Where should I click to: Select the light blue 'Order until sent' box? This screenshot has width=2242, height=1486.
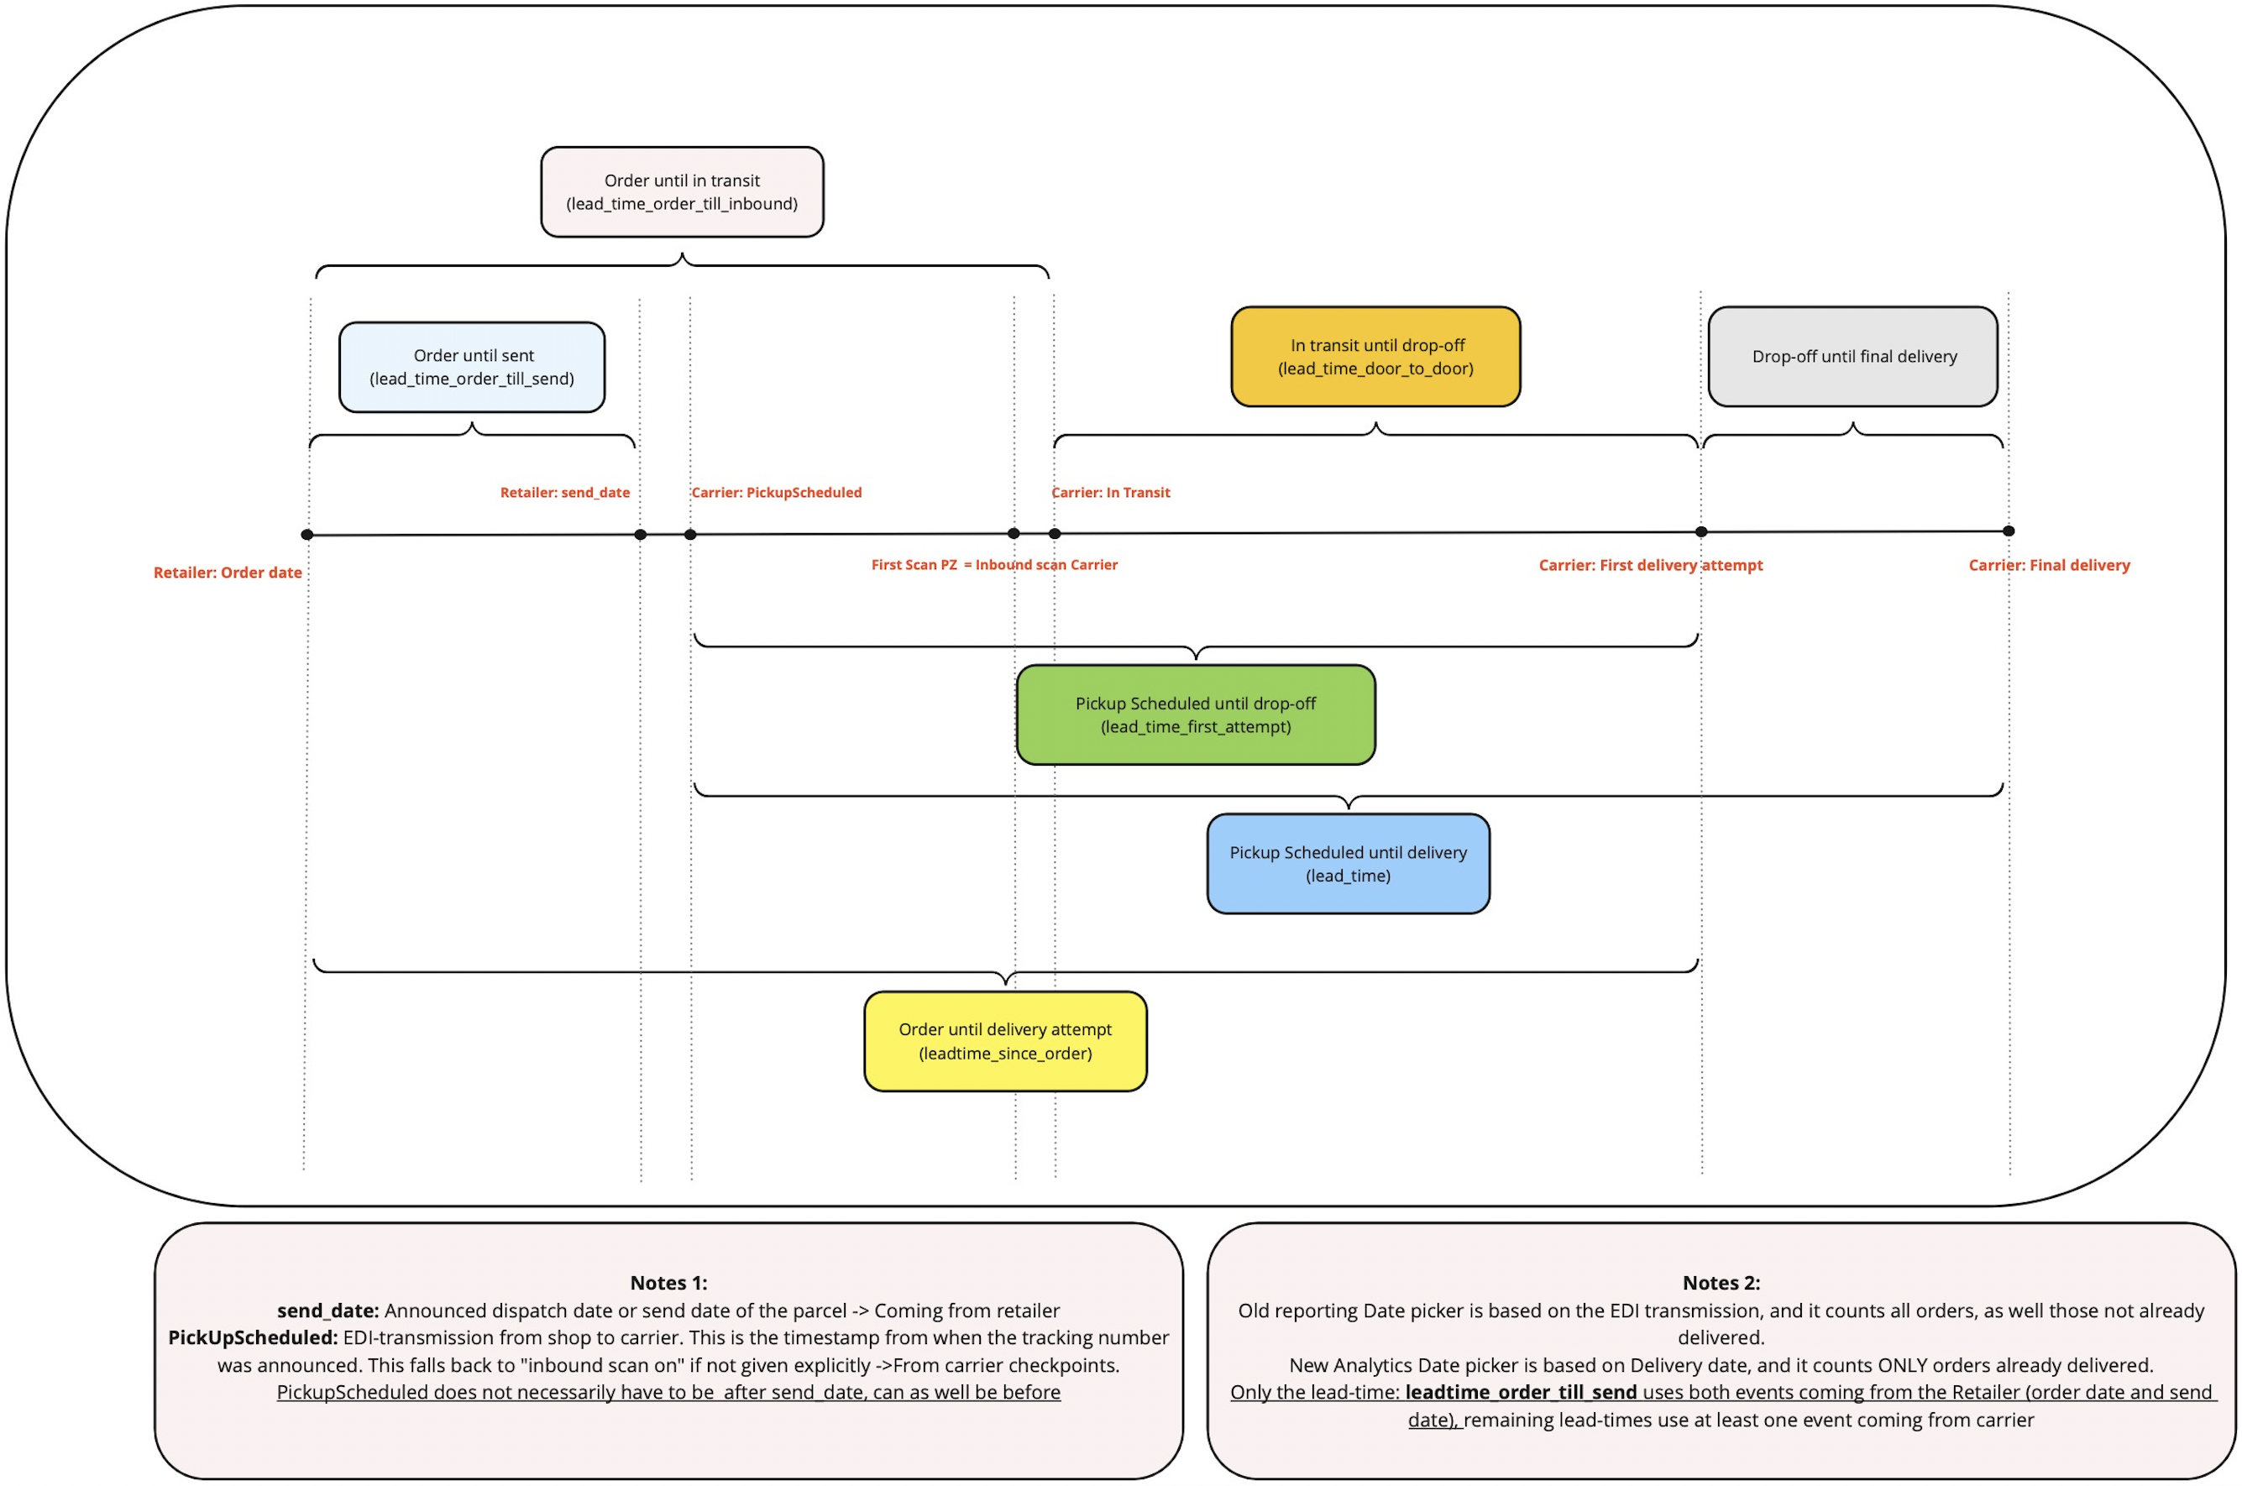tap(472, 367)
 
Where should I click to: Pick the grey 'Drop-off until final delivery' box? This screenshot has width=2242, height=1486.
tap(1852, 356)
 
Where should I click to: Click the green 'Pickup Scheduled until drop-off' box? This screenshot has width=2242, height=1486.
tap(1195, 714)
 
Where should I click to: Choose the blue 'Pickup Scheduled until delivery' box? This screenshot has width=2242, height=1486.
tap(1348, 863)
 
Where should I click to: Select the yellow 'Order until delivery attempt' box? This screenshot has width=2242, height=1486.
tap(1004, 1040)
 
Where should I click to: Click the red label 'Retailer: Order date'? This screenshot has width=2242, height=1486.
tap(228, 573)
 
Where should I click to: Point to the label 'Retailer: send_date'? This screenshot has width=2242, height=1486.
tap(565, 493)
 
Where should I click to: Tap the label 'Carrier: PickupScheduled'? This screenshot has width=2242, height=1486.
tap(776, 493)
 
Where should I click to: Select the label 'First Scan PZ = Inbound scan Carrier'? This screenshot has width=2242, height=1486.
tap(994, 565)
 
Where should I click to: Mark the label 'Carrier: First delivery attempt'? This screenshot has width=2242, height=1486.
tap(1650, 565)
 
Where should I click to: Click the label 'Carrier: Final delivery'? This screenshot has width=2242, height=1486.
tap(2049, 565)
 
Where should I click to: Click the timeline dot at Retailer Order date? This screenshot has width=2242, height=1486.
tap(307, 535)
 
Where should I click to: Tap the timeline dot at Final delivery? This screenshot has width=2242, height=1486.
tap(2008, 531)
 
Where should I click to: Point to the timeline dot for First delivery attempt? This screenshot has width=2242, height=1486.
tap(1701, 531)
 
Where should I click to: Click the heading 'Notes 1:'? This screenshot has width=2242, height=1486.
tap(668, 1282)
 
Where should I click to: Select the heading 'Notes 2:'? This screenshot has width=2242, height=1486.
tap(1721, 1282)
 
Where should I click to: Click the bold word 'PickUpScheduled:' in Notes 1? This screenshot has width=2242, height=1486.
tap(253, 1337)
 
